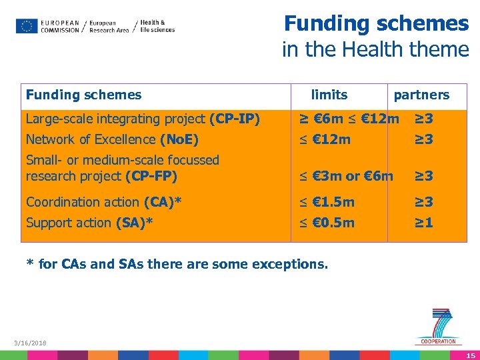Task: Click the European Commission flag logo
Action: point(27,26)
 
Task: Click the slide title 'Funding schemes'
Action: point(376,23)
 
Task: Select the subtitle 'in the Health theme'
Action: point(375,49)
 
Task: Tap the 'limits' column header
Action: point(329,95)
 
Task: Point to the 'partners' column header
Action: point(421,95)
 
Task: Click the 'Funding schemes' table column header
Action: point(83,95)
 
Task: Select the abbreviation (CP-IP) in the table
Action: point(234,119)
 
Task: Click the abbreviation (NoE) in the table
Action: point(179,139)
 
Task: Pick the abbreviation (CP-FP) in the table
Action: point(151,176)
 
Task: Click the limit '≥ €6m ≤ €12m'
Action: point(348,119)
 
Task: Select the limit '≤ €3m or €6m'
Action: point(345,176)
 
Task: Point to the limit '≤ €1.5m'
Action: point(326,202)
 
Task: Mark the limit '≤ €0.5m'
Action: point(326,223)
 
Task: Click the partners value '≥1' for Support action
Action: point(424,223)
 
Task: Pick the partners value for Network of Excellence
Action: point(424,139)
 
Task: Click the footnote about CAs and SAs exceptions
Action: point(177,264)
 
